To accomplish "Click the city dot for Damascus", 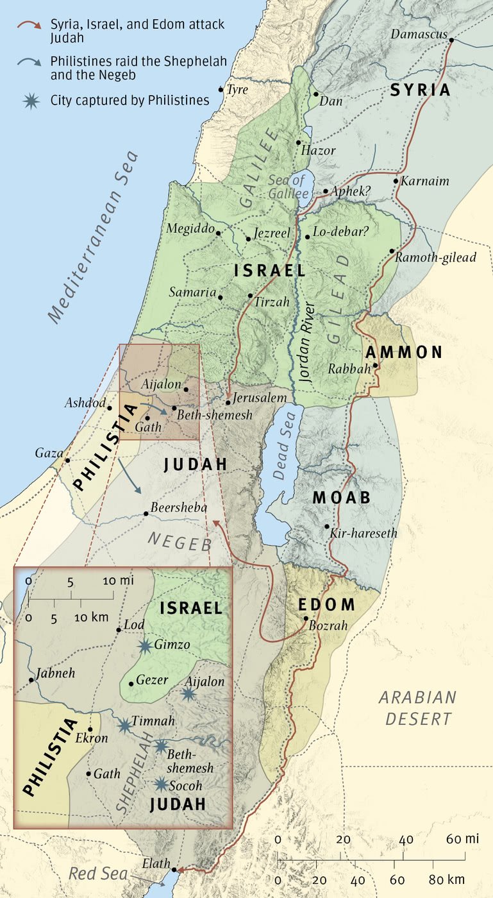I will pyautogui.click(x=451, y=40).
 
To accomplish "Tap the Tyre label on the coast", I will pyautogui.click(x=237, y=90).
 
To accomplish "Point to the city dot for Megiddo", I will pyautogui.click(x=219, y=233).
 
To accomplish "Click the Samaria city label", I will pyautogui.click(x=192, y=292).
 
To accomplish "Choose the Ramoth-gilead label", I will pyautogui.click(x=436, y=258).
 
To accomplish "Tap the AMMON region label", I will pyautogui.click(x=403, y=352).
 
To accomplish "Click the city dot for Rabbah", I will pyautogui.click(x=376, y=366).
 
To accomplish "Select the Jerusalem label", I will pyautogui.click(x=260, y=398).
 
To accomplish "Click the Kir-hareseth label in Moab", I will pyautogui.click(x=363, y=533).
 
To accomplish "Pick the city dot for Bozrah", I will pyautogui.click(x=306, y=618).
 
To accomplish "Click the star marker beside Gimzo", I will pyautogui.click(x=146, y=645).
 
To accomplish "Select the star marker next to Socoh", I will pyautogui.click(x=162, y=784).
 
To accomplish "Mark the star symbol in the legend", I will pyautogui.click(x=28, y=100).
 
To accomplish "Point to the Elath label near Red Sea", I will pyautogui.click(x=156, y=864).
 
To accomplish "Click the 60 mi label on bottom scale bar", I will pyautogui.click(x=464, y=840).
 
